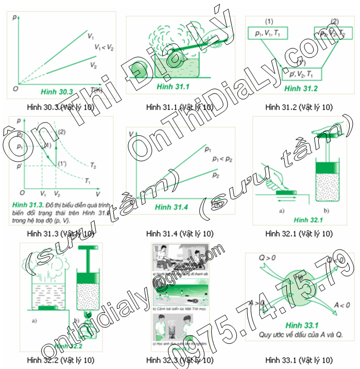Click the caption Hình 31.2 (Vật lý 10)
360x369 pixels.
299,107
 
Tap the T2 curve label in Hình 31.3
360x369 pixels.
93,167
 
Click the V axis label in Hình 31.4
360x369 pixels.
131,135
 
